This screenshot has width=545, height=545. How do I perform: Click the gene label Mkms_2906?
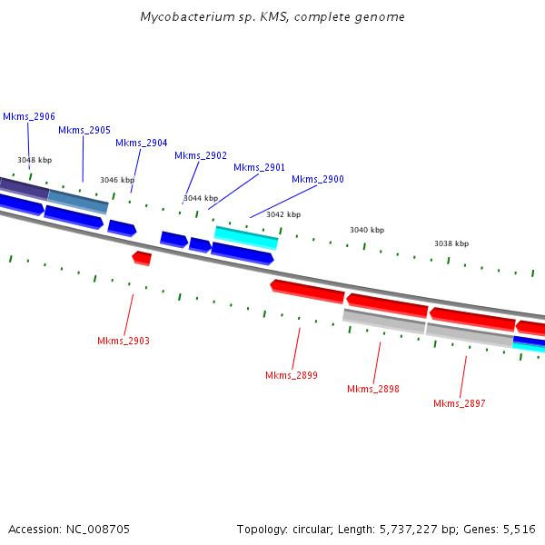coord(29,116)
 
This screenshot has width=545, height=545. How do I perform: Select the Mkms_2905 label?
coord(84,130)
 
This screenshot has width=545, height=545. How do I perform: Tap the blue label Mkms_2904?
coord(141,143)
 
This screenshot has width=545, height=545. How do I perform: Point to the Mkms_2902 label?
coord(201,155)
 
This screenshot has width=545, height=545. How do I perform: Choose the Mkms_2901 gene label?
coord(259,167)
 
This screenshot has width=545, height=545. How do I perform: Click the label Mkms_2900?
coord(318,179)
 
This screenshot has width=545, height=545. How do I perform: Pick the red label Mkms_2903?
coord(124,341)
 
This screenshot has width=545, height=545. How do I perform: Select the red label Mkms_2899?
coord(292,375)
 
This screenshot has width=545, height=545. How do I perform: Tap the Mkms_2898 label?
coord(373,389)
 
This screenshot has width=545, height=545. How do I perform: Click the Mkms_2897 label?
coord(460,403)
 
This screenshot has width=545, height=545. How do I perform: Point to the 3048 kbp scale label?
coord(35,160)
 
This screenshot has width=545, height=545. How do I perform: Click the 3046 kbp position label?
coord(117,180)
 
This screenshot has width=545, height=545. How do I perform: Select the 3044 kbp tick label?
coord(201,198)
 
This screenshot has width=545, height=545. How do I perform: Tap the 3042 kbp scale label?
coord(283,214)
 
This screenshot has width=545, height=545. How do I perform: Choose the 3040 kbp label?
coord(367,230)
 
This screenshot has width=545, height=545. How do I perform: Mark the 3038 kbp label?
coord(451,243)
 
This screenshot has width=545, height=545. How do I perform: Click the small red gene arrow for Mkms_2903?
coord(142,258)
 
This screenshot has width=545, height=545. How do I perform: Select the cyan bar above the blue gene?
coord(246,237)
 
